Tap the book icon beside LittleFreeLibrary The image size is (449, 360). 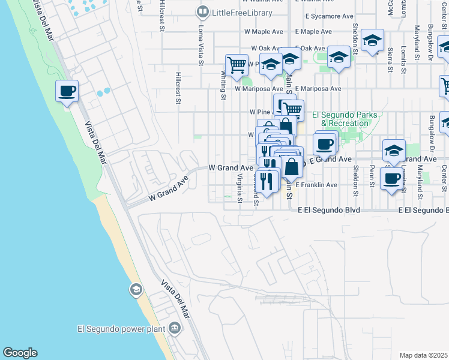click(x=203, y=12)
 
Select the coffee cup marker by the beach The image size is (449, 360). click(x=66, y=91)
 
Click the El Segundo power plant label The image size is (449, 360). click(x=122, y=328)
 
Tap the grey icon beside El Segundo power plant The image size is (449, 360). click(x=175, y=328)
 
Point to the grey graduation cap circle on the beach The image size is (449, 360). click(x=136, y=290)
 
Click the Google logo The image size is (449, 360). click(x=20, y=353)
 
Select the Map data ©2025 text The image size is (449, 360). click(x=423, y=355)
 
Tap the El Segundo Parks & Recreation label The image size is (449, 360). click(x=345, y=119)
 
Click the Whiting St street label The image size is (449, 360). click(x=223, y=85)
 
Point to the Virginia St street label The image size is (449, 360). click(x=239, y=188)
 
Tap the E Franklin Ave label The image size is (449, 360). click(x=316, y=185)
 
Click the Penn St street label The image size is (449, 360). click(x=372, y=175)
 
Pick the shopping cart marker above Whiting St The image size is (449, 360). click(x=237, y=64)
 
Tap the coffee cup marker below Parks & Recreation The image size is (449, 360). click(x=324, y=145)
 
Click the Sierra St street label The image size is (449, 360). click(x=390, y=60)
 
